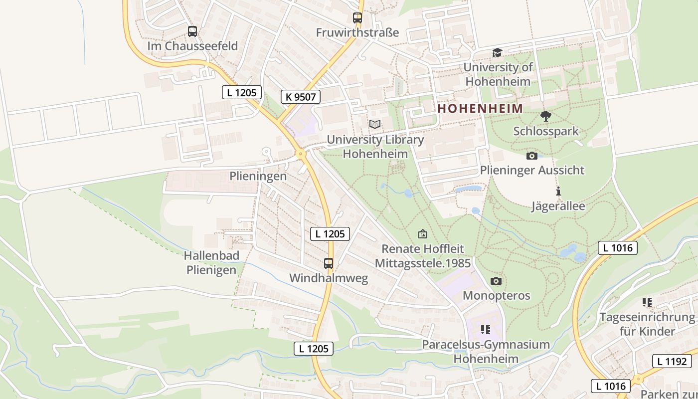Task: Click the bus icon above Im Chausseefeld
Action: (x=192, y=31)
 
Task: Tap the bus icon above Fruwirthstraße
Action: (x=357, y=18)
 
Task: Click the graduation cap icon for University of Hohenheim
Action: (x=497, y=52)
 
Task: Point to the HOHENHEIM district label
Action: (x=480, y=108)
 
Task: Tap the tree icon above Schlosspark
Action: (x=546, y=116)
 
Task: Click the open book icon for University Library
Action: (x=375, y=125)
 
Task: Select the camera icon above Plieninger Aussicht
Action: (x=532, y=156)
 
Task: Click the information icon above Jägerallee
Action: (x=558, y=191)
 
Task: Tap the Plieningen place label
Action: (x=258, y=176)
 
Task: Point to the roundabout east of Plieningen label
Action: (x=300, y=154)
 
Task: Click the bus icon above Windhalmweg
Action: (x=329, y=263)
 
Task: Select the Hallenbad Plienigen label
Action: (x=211, y=263)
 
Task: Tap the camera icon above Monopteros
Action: (x=496, y=281)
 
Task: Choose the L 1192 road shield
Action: (x=672, y=362)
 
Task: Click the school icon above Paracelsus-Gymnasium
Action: (x=486, y=329)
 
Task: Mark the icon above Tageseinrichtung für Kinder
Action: (x=647, y=302)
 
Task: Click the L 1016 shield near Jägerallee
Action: (x=617, y=248)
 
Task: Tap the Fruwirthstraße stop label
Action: (x=357, y=32)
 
